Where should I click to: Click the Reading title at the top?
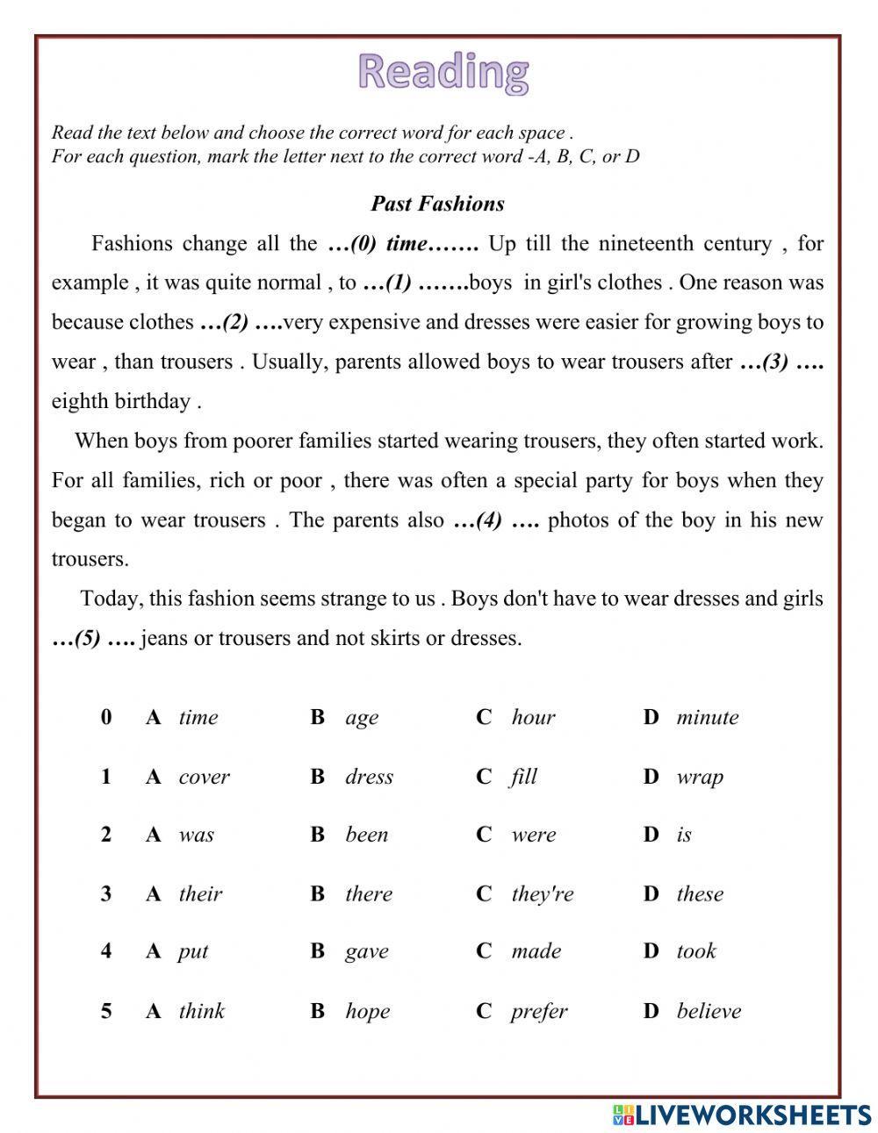[x=443, y=72]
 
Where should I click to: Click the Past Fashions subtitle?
[x=437, y=204]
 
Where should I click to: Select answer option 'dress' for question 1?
[x=369, y=777]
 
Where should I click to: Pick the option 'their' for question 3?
[x=200, y=894]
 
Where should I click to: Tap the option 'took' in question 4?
[x=696, y=951]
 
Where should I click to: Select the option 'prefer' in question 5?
[x=538, y=1012]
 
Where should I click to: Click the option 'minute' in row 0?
[x=707, y=718]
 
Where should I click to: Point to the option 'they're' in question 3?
[x=542, y=894]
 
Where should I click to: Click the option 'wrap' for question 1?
[x=700, y=777]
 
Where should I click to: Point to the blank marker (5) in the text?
[x=93, y=639]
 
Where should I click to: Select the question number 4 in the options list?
[x=106, y=951]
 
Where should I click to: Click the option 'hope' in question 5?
[x=367, y=1012]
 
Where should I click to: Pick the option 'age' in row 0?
[x=362, y=718]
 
